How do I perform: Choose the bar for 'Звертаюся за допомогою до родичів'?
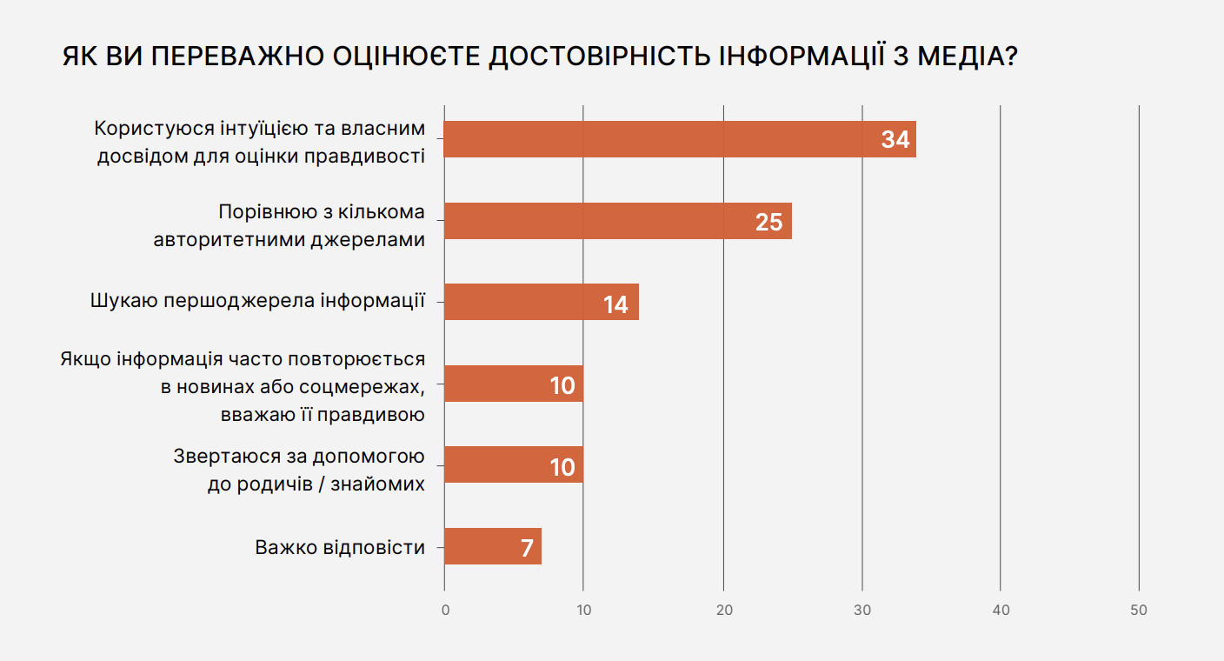[x=513, y=464]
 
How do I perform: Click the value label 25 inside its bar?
[x=768, y=223]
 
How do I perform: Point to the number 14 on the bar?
[x=615, y=304]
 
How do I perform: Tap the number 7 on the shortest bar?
[x=527, y=549]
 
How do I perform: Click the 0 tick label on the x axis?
[x=445, y=611]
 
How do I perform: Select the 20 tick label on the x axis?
[x=723, y=611]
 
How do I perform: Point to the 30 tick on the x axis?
[x=862, y=611]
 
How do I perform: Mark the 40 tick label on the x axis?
[x=1001, y=611]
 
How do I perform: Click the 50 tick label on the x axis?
[x=1139, y=611]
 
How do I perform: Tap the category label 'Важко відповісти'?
[x=340, y=548]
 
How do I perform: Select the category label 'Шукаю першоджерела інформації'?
[x=257, y=302]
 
